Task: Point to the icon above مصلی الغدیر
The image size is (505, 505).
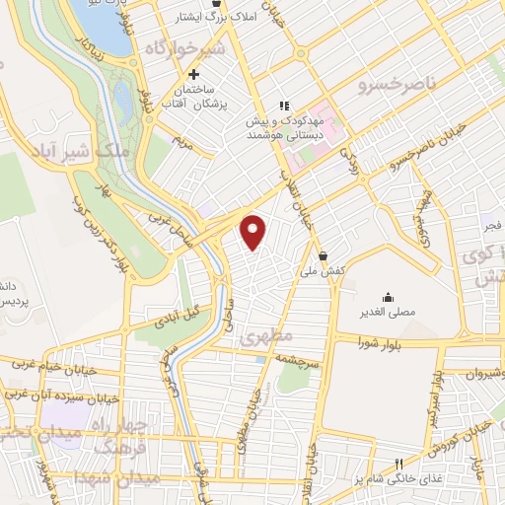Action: (388, 296)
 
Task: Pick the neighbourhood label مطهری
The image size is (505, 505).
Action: (259, 334)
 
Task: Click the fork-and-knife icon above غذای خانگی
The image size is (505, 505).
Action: (399, 464)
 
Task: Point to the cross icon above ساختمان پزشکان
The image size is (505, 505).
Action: (194, 75)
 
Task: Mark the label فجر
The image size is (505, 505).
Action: (488, 227)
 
